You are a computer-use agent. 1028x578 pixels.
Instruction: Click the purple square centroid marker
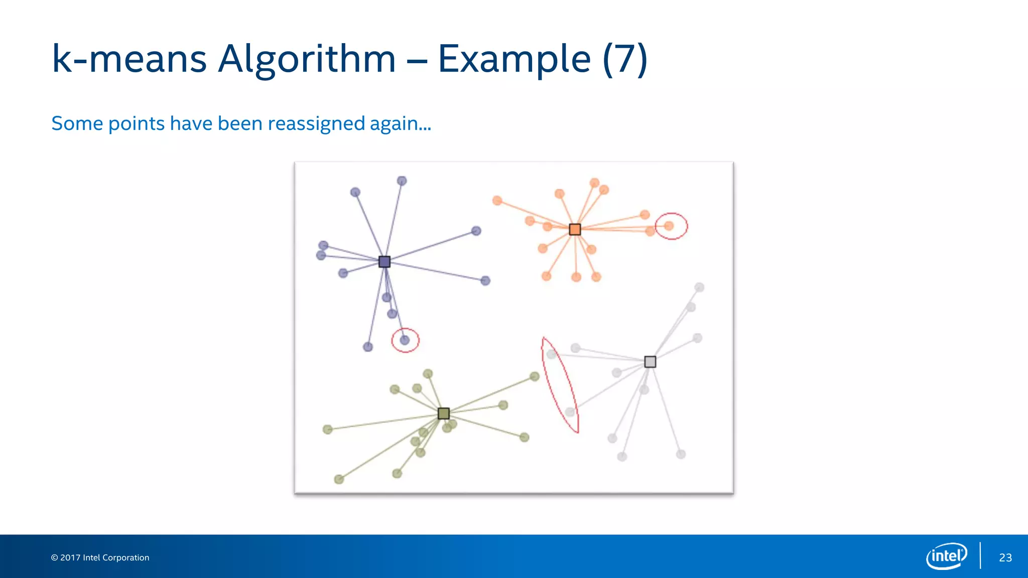pos(384,262)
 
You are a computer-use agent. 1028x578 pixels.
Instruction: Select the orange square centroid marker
pos(575,229)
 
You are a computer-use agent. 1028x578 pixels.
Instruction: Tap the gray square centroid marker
pos(650,362)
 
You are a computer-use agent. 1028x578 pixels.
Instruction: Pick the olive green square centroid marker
pos(444,413)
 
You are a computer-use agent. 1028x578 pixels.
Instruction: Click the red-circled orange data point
pos(669,226)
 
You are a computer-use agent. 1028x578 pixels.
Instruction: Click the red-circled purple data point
pos(405,340)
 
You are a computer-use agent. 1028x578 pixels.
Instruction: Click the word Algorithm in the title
pos(307,59)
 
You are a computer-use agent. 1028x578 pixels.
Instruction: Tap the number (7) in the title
pos(625,59)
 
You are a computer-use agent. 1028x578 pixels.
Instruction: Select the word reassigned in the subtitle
pos(316,123)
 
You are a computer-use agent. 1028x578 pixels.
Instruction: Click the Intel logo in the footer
pos(946,556)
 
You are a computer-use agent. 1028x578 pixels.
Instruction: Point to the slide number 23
pos(1005,557)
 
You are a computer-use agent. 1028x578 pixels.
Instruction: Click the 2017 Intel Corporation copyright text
pos(100,557)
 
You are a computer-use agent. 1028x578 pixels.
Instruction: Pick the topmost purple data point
pos(402,181)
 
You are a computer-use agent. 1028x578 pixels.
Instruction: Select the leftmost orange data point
pos(497,201)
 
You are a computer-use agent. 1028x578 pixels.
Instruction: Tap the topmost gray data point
pos(699,287)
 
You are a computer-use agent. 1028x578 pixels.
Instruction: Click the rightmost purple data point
pos(485,280)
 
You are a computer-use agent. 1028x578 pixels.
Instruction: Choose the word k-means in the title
pos(130,59)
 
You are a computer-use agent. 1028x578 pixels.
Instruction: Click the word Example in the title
pos(514,59)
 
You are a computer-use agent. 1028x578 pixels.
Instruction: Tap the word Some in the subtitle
pos(77,123)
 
